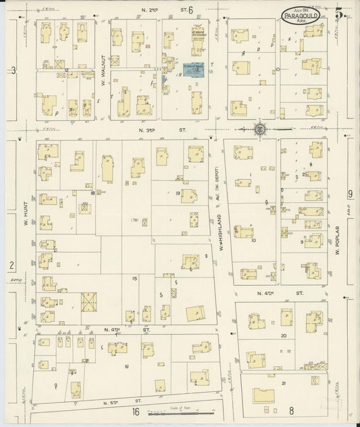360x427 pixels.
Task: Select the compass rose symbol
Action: pos(259,128)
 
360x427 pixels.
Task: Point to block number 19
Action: pos(177,193)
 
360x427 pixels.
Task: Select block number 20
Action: pos(284,335)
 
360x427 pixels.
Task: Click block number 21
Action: pos(284,383)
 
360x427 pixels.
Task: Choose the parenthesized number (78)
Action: pos(134,220)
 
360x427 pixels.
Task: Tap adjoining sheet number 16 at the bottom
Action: pos(136,411)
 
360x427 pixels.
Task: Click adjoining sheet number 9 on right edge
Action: pos(350,194)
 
